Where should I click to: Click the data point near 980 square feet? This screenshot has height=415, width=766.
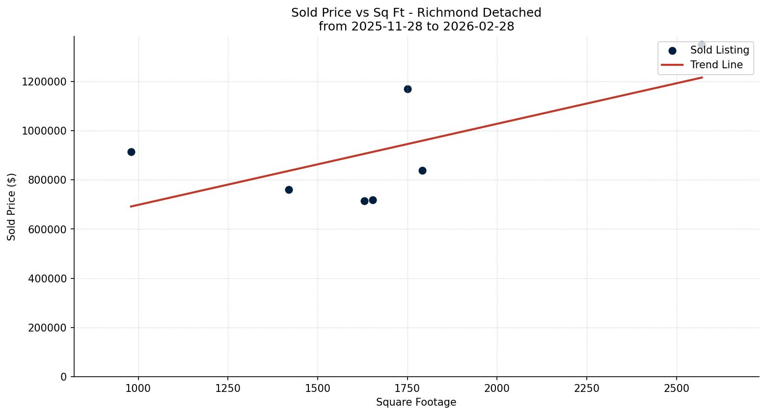[x=131, y=152]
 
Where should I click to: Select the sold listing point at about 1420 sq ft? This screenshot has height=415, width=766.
[x=289, y=190]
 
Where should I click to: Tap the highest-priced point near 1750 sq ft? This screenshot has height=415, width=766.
[x=408, y=89]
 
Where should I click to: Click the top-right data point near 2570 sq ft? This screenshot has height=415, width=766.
[x=702, y=45]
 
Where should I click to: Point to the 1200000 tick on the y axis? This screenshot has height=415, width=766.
[x=44, y=82]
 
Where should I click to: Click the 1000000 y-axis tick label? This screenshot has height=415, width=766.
[x=44, y=131]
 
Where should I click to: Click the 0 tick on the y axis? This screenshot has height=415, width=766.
[x=63, y=377]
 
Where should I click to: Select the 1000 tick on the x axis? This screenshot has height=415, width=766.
[x=138, y=388]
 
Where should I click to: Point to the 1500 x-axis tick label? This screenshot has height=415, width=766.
[x=318, y=388]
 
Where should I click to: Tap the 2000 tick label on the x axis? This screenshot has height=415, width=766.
[x=497, y=388]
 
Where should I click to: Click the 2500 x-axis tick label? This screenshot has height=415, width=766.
[x=676, y=388]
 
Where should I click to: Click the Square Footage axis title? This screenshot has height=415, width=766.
[x=416, y=403]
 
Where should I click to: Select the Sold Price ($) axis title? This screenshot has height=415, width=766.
[x=12, y=207]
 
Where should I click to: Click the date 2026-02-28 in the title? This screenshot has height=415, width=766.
[x=478, y=27]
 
